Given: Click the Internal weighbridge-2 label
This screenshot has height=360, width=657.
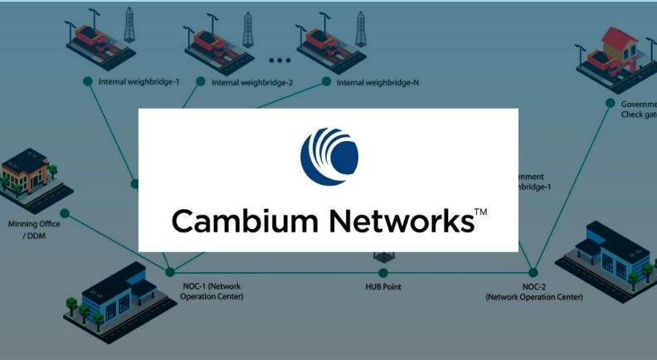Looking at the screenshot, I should click(x=246, y=82).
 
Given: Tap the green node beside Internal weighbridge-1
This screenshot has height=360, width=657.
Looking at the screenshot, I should click(x=88, y=81).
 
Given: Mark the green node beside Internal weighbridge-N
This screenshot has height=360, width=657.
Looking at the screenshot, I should click(x=326, y=81).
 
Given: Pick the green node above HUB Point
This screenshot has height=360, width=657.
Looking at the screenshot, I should click(x=383, y=272).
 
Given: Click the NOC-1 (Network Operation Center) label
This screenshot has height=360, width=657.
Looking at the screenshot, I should click(x=212, y=291).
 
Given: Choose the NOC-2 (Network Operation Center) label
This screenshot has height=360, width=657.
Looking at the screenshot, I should click(x=533, y=291).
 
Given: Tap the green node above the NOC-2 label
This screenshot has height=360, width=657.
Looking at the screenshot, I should click(x=533, y=272).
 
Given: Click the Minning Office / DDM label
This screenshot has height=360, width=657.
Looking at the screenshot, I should click(x=33, y=228).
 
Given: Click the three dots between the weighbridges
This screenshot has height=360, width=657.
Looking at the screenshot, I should click(x=280, y=61).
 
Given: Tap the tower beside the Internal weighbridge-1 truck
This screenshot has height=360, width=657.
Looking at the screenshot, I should click(x=129, y=25).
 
